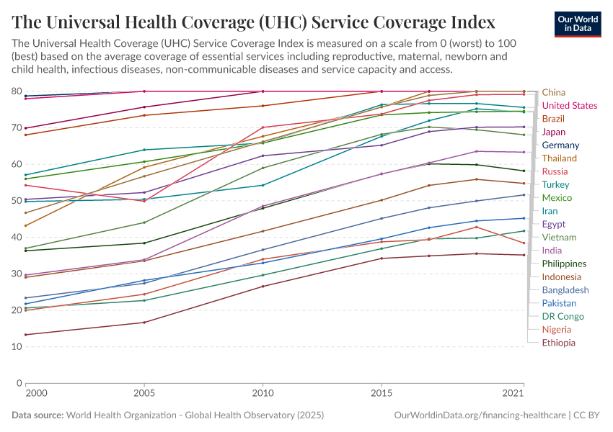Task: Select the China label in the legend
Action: coord(554,92)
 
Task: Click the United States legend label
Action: coord(570,106)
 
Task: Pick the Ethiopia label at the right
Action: coord(559,343)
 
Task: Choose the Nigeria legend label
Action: coord(557,330)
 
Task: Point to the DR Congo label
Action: coord(562,316)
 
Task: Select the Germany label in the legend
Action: coord(560,145)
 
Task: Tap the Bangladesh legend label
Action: coord(564,290)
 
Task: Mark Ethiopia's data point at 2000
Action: coord(25,335)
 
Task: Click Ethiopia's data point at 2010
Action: coord(263,287)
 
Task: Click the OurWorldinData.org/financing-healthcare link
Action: coord(480,415)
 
